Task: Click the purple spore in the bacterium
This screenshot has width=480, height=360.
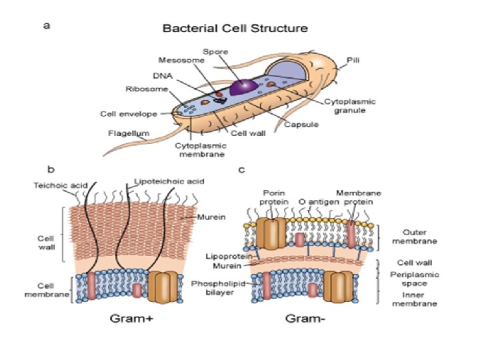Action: pyautogui.click(x=242, y=87)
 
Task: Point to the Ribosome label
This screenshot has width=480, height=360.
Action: pyautogui.click(x=141, y=88)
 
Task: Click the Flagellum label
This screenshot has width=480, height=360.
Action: pyautogui.click(x=124, y=133)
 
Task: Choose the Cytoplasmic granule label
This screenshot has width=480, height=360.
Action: pyautogui.click(x=350, y=107)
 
